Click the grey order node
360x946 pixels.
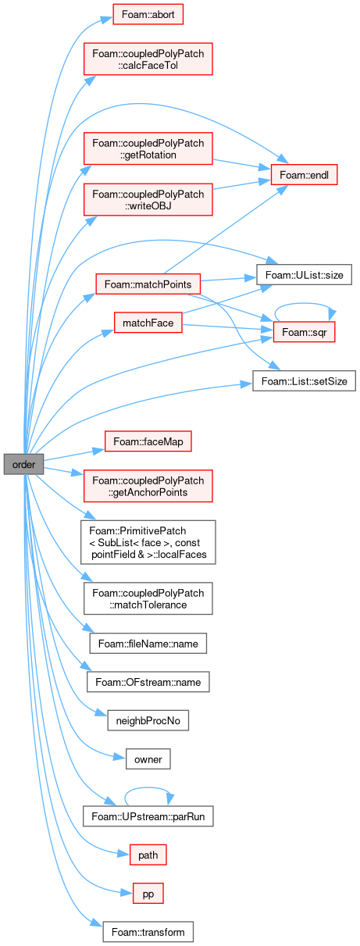(x=23, y=464)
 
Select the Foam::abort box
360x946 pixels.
(x=148, y=14)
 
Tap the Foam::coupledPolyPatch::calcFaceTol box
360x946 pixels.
(x=148, y=59)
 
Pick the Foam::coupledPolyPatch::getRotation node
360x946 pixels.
(x=148, y=148)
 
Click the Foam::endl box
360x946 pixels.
(x=304, y=175)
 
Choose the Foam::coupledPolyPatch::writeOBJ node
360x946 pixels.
(x=148, y=200)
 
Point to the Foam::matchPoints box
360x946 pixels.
(x=148, y=284)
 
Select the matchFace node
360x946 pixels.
(x=148, y=323)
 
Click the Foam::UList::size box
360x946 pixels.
(x=304, y=275)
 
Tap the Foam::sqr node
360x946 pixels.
(x=304, y=332)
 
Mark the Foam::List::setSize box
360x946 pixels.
(x=304, y=381)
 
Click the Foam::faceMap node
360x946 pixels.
(x=148, y=441)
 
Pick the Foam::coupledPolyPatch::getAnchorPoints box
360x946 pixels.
(x=148, y=486)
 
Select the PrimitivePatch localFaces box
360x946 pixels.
(x=148, y=542)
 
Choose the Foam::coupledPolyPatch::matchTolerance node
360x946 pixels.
(x=148, y=598)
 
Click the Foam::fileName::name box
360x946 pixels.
(x=148, y=643)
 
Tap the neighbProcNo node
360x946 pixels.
(x=148, y=720)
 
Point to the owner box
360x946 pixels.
(x=148, y=759)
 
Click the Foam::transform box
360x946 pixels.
(x=148, y=932)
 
